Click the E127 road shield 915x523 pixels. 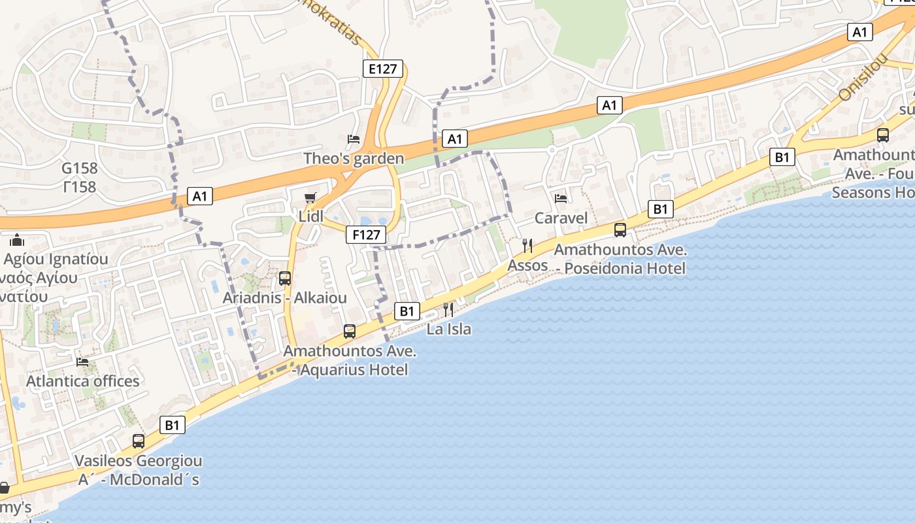point(383,69)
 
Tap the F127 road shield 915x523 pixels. point(366,235)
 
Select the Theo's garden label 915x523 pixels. point(354,159)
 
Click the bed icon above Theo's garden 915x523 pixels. point(354,139)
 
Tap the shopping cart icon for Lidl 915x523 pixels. point(310,197)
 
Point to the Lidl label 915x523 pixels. point(310,216)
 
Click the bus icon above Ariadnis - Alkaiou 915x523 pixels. point(285,278)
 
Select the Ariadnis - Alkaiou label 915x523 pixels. point(285,298)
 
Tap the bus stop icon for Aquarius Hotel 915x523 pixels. point(350,331)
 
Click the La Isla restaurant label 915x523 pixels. point(448,329)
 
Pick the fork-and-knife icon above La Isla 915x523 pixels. point(448,310)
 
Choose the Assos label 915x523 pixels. point(527,265)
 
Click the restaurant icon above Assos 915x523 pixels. point(527,246)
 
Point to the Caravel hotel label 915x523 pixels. point(561,218)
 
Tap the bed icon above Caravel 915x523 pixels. point(561,198)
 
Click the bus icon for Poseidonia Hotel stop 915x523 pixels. point(620,230)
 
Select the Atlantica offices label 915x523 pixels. point(82,381)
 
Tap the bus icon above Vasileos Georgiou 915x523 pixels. point(139,441)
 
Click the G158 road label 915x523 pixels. point(80,169)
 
